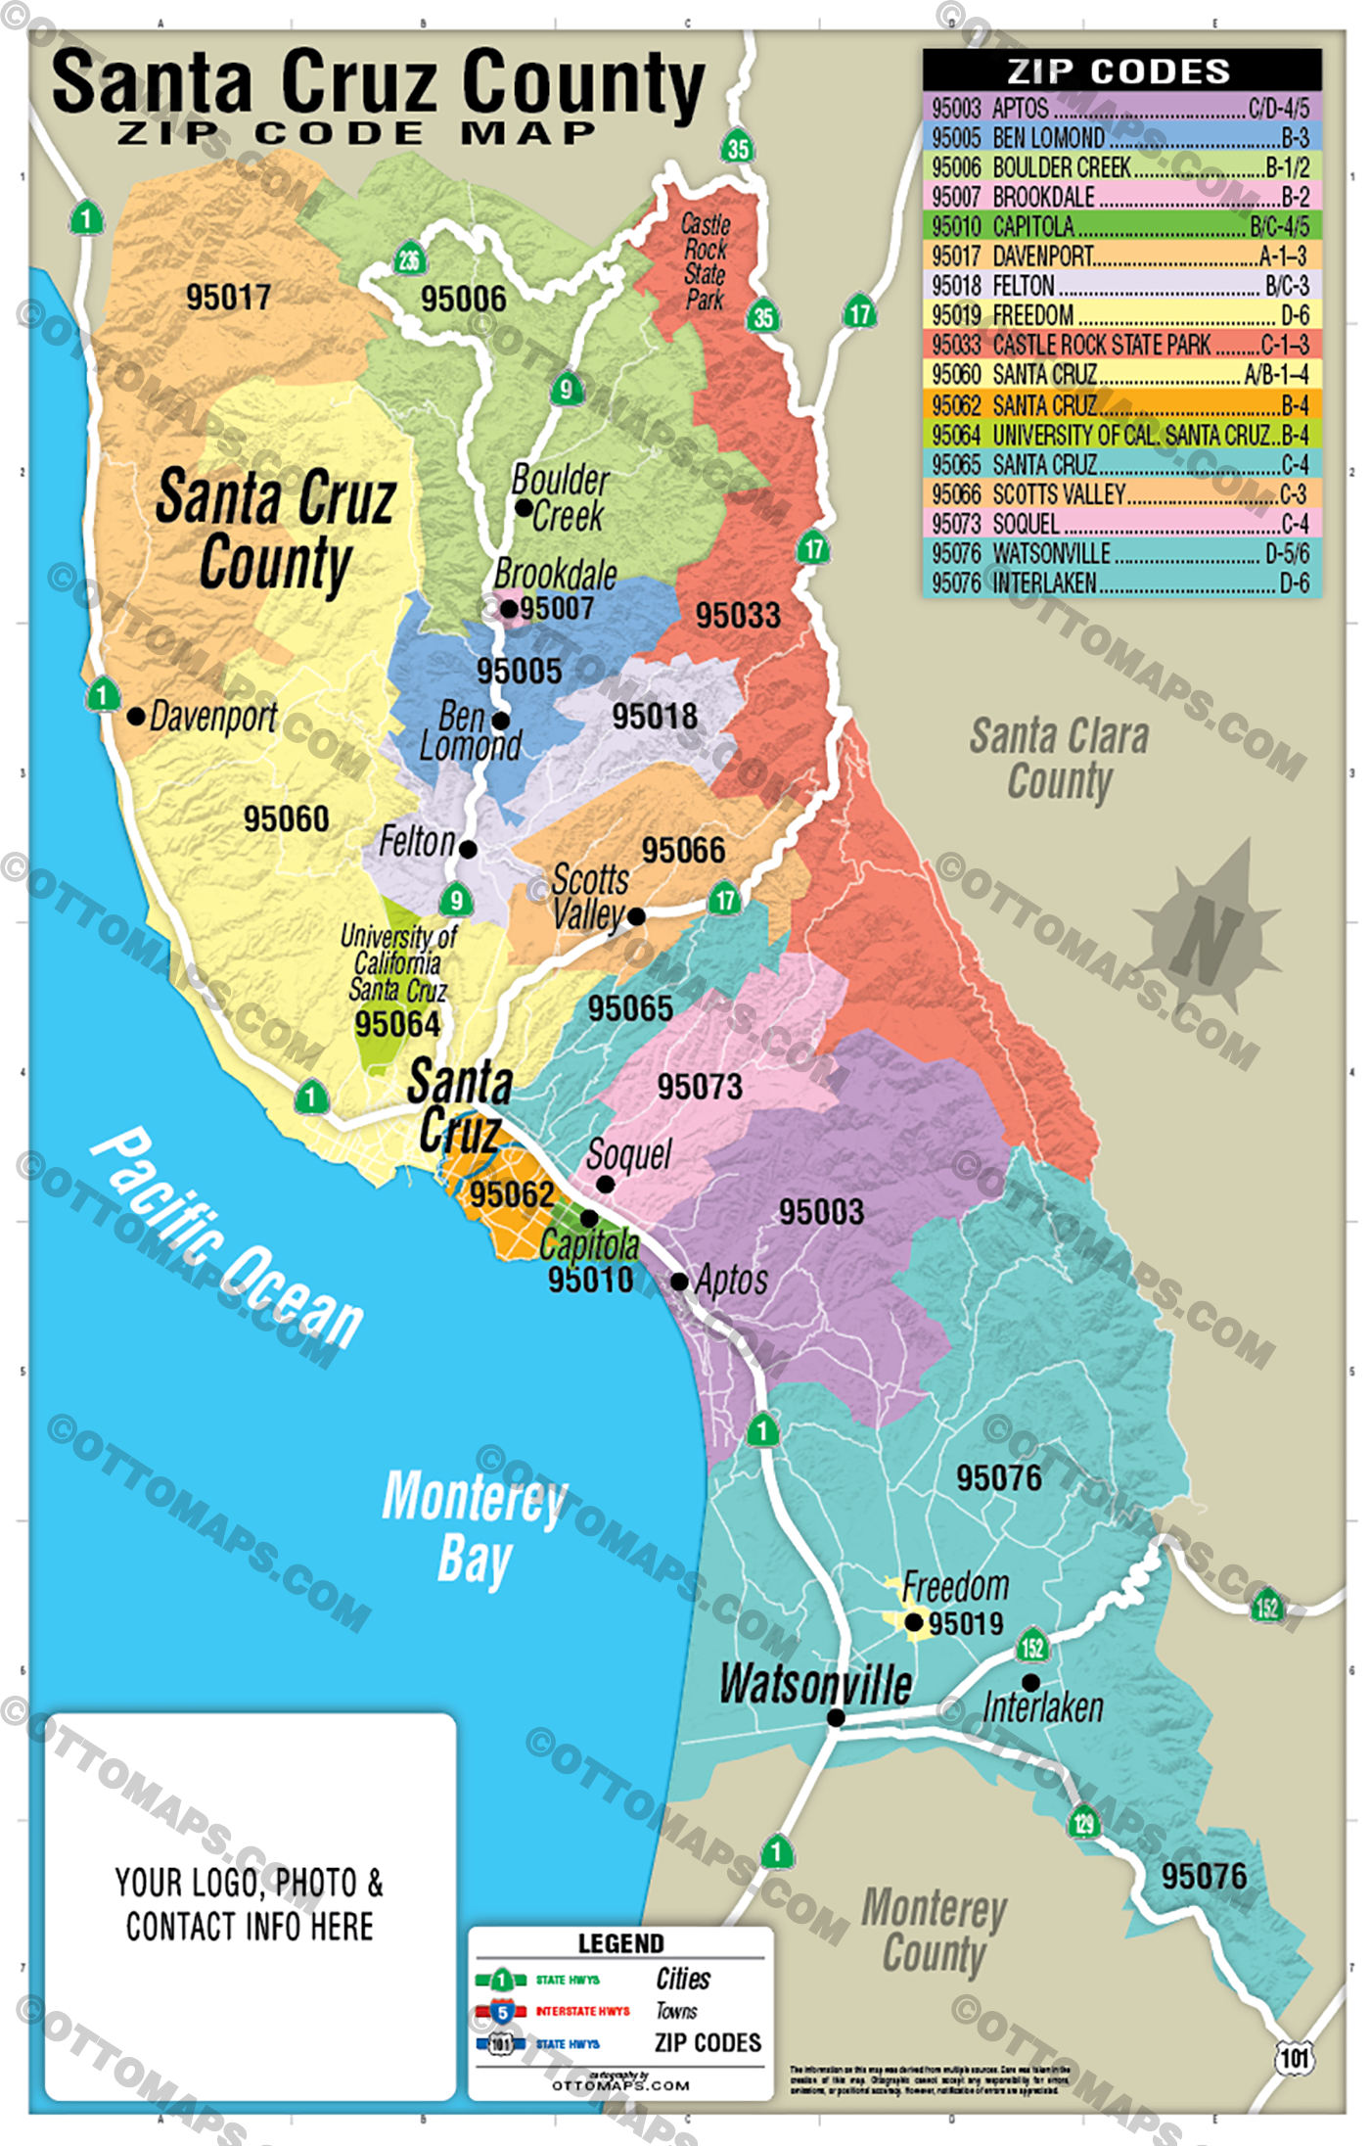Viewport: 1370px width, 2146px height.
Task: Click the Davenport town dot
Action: [136, 716]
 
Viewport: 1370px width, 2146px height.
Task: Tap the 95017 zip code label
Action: [228, 297]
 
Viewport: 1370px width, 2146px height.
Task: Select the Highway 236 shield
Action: [409, 259]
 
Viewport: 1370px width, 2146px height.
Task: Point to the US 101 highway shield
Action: [1294, 2057]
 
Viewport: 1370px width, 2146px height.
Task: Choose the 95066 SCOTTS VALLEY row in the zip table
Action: [1121, 493]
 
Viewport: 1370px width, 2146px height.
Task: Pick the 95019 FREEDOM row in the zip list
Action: [1121, 315]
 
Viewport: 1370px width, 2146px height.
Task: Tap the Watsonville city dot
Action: [836, 1717]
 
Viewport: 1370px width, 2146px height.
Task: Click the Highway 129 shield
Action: [1084, 1821]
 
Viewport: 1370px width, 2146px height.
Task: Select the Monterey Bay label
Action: [475, 1527]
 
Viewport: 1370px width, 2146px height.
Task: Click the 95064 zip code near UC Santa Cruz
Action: [397, 1024]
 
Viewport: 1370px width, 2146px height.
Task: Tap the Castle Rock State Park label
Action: [705, 261]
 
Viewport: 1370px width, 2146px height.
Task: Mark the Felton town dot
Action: [468, 849]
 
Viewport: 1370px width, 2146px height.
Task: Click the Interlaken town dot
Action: [1030, 1682]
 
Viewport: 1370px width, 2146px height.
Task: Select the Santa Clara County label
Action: [1060, 759]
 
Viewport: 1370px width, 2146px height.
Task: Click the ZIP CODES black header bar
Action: [1121, 70]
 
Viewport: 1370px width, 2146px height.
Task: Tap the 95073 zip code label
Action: [700, 1087]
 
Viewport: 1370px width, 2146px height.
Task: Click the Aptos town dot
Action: [679, 1281]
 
